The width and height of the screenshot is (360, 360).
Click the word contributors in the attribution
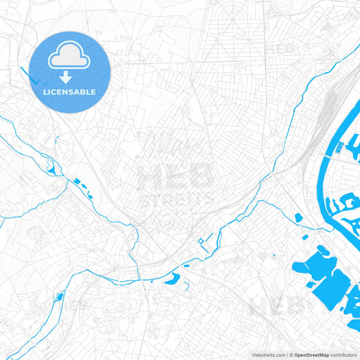344,355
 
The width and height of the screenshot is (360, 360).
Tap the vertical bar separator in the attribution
289,355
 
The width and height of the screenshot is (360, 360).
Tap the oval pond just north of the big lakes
299,217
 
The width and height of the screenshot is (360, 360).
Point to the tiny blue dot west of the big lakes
274,255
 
